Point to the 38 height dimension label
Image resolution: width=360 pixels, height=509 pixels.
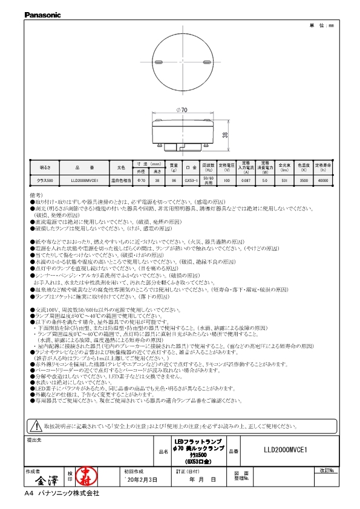[x=225, y=135]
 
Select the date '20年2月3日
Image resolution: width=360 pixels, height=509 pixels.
[x=140, y=479]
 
